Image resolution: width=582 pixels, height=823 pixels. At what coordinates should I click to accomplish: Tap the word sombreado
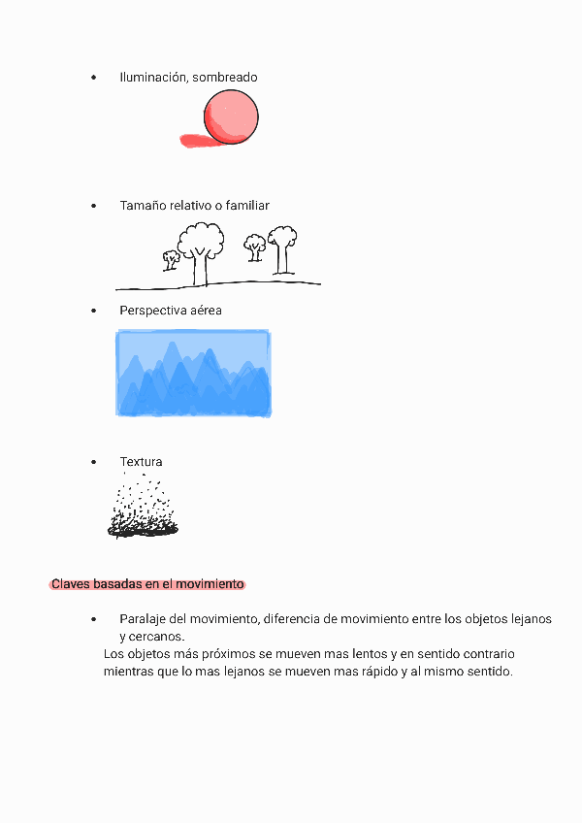tap(225, 77)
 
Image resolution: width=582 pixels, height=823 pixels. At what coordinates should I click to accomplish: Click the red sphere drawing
tap(233, 115)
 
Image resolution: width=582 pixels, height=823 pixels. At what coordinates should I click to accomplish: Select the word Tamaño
tap(143, 206)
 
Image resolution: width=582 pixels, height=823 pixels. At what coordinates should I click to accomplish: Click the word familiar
tap(245, 206)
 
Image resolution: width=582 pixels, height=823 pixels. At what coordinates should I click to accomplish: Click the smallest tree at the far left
tap(172, 259)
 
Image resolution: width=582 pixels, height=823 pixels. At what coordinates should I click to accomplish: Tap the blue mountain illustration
tap(193, 374)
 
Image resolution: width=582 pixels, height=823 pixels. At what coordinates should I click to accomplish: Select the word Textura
tap(141, 462)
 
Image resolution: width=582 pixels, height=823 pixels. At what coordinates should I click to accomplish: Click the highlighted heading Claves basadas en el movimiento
tap(147, 584)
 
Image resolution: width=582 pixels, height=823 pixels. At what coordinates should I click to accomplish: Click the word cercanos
tap(151, 637)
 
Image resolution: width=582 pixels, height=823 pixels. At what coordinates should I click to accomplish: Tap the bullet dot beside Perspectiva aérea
tap(93, 311)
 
